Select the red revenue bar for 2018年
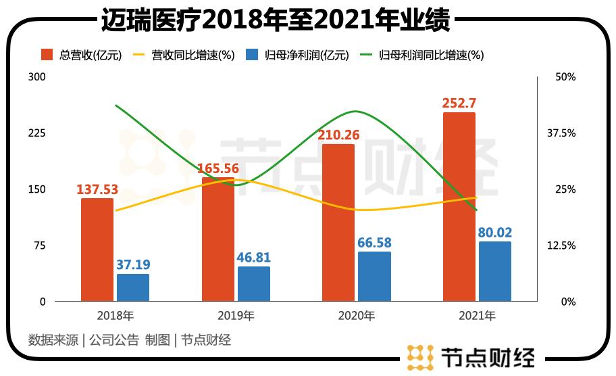(97, 250)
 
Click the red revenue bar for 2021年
(459, 207)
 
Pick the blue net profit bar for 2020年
(374, 277)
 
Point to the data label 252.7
(459, 103)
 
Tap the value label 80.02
(494, 233)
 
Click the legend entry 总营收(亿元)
(81, 55)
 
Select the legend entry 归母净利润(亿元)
(297, 55)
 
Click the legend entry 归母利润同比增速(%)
(421, 55)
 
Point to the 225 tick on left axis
(37, 133)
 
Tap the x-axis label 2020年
(356, 316)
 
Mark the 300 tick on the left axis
(37, 77)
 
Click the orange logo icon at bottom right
(420, 356)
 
